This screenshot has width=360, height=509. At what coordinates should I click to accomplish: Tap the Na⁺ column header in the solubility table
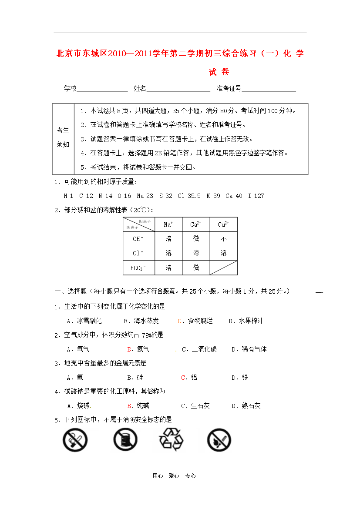tap(168, 224)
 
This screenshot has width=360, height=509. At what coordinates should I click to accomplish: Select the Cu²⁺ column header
tap(223, 224)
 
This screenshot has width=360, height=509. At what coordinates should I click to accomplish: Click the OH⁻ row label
tap(137, 239)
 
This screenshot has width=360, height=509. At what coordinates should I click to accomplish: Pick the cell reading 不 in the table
tap(223, 239)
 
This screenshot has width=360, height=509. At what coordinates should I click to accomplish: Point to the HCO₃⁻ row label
tap(137, 268)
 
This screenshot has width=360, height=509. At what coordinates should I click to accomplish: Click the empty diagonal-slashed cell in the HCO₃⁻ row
tap(223, 268)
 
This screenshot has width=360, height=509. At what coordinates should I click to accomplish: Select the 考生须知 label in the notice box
tap(63, 137)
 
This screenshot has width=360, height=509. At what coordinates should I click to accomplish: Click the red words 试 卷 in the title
tap(219, 72)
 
